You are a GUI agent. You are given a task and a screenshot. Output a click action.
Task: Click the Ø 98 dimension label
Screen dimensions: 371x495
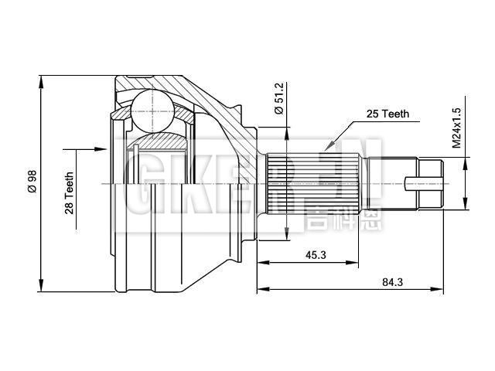[x=31, y=183]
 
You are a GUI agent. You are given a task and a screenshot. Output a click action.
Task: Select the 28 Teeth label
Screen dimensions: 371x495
[x=69, y=192]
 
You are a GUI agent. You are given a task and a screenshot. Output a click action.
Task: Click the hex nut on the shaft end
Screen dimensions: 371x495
[x=430, y=184]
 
